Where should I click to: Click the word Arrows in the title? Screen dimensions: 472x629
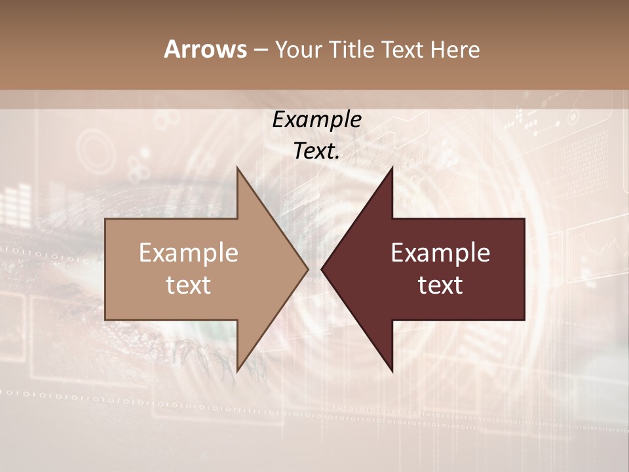tap(206, 50)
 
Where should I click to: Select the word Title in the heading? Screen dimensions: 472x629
tap(356, 50)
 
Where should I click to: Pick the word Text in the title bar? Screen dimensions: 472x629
tap(405, 50)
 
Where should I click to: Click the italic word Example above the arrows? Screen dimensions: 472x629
tap(316, 120)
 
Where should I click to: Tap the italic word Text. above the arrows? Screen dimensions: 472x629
tap(316, 151)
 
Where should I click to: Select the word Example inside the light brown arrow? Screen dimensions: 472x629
tap(189, 253)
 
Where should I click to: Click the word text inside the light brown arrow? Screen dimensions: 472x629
tap(189, 285)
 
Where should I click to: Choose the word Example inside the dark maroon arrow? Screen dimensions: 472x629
tap(440, 253)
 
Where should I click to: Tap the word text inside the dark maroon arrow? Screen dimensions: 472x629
tap(440, 285)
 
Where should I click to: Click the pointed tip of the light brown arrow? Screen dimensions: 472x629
tap(307, 269)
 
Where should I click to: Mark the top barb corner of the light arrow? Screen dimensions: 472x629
tap(237, 168)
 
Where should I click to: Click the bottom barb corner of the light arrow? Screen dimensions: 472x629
tap(237, 371)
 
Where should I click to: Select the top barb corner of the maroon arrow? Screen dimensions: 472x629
tap(392, 168)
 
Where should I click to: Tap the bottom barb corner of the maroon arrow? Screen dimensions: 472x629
tap(392, 371)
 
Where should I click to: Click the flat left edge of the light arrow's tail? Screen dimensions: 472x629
tap(106, 269)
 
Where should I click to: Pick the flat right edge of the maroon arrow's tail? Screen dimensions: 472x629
tap(524, 269)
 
